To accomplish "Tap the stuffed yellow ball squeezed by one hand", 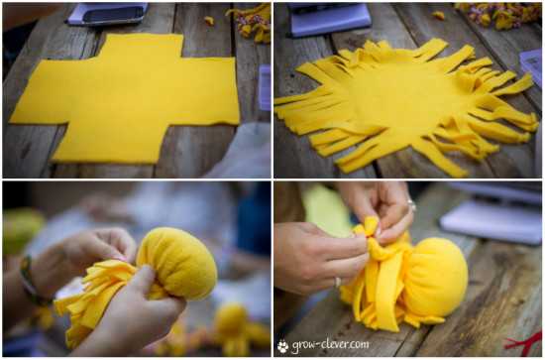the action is point(177,264).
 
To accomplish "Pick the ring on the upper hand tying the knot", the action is point(412,205).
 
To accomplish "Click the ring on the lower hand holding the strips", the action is point(338,282).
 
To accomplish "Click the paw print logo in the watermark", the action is point(283,346).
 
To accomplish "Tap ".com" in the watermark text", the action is point(359,344).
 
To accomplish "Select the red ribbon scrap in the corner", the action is point(524,342).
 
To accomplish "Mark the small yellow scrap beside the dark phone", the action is point(209,21).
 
